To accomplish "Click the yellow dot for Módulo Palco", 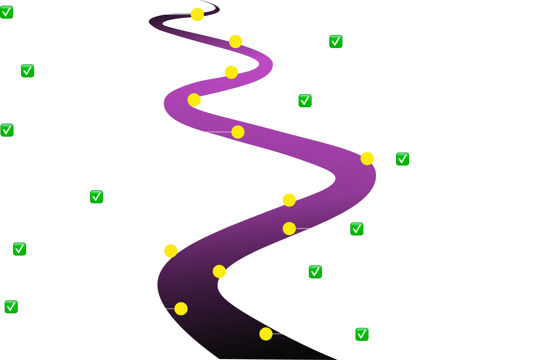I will click(197, 14).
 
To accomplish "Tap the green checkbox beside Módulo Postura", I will click(336, 42).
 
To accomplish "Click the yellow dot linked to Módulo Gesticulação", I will click(194, 100).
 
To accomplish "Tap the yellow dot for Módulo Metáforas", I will click(367, 159).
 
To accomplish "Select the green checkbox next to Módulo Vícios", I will click(97, 197).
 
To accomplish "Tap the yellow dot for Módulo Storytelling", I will click(289, 228).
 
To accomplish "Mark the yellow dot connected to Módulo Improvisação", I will click(171, 251).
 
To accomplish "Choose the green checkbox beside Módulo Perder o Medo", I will click(315, 272).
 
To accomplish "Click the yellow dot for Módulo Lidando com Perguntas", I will click(181, 309).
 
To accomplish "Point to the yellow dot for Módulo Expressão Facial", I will click(266, 334).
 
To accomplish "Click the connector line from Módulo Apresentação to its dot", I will click(203, 132).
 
